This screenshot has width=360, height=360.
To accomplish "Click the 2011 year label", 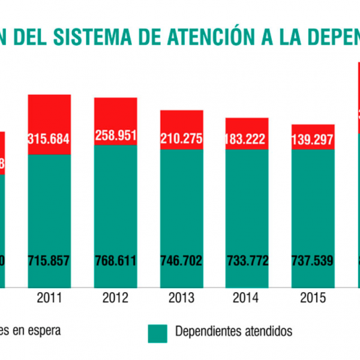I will pyautogui.click(x=49, y=298).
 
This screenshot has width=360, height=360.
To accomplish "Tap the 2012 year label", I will pyautogui.click(x=115, y=298).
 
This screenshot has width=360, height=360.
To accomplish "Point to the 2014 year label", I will pyautogui.click(x=247, y=298).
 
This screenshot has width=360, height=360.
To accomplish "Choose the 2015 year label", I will pyautogui.click(x=313, y=298).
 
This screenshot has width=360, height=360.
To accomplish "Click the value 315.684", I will pyautogui.click(x=49, y=139).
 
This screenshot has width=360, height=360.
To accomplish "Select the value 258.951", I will pyautogui.click(x=115, y=135).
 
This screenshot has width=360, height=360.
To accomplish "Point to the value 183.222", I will pyautogui.click(x=247, y=139).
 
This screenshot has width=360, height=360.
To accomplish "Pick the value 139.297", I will pyautogui.click(x=313, y=139).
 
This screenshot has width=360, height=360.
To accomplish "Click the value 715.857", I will pyautogui.click(x=49, y=261).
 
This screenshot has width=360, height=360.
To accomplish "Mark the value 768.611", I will pyautogui.click(x=115, y=261).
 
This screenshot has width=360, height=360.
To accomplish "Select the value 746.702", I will pyautogui.click(x=181, y=261).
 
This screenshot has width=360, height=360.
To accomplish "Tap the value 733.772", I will pyautogui.click(x=247, y=261).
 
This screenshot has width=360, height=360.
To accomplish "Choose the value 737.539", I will pyautogui.click(x=313, y=261).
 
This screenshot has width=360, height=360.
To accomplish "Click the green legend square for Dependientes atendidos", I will pyautogui.click(x=157, y=334).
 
